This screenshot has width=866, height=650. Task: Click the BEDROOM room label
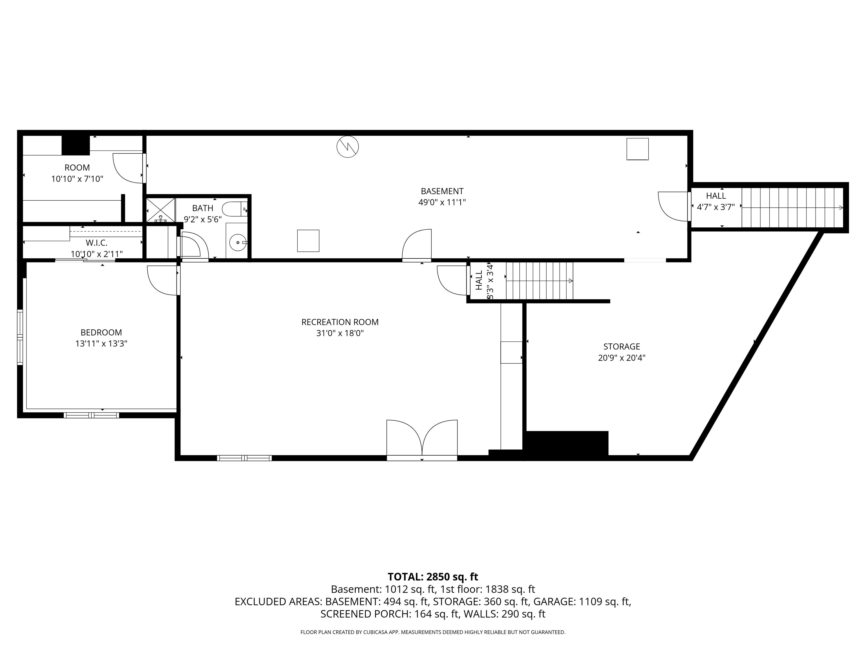click(101, 332)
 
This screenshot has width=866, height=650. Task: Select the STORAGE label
click(621, 346)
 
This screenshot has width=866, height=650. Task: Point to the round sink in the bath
click(237, 243)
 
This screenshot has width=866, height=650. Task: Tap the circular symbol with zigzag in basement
click(348, 146)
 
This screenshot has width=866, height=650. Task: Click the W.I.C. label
click(96, 243)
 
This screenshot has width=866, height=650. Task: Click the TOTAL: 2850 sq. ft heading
click(433, 577)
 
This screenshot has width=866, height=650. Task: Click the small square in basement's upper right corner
click(637, 149)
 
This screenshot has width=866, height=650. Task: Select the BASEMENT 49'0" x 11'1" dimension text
click(442, 203)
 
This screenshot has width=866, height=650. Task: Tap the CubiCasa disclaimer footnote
click(433, 632)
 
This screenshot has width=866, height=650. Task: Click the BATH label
click(202, 208)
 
